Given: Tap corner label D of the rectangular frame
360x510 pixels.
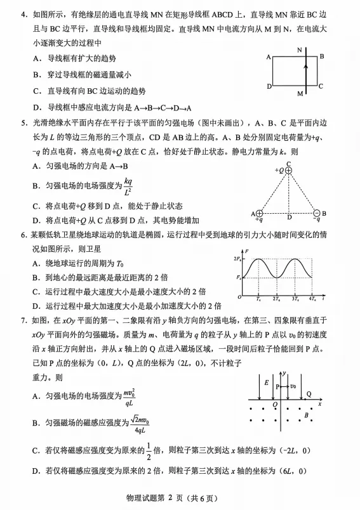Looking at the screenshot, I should [x=269, y=86].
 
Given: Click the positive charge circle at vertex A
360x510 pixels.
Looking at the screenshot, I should [x=259, y=213].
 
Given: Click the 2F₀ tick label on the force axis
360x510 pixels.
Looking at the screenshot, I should [x=236, y=260].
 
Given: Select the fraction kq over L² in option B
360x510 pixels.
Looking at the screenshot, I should [x=128, y=186].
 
